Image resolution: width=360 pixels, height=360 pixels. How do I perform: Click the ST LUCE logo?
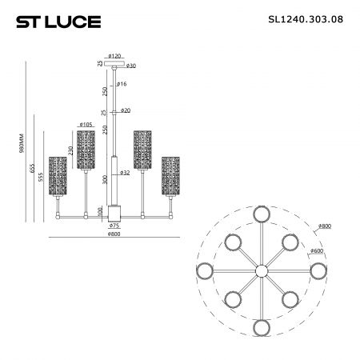click(58, 22)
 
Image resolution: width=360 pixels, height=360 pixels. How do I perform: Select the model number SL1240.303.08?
click(306, 19)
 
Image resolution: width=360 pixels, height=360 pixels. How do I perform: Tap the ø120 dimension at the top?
click(114, 56)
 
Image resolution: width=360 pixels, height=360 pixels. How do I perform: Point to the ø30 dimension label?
click(131, 66)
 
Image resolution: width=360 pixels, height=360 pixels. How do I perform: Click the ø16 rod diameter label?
click(122, 84)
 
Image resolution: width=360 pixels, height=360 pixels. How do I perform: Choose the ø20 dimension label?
click(126, 110)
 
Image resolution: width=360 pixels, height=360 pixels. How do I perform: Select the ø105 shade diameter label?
click(86, 124)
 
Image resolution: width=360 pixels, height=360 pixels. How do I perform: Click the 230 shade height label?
click(70, 151)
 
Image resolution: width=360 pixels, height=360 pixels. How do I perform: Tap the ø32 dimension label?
click(125, 173)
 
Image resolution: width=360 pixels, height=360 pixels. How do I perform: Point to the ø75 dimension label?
click(114, 226)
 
